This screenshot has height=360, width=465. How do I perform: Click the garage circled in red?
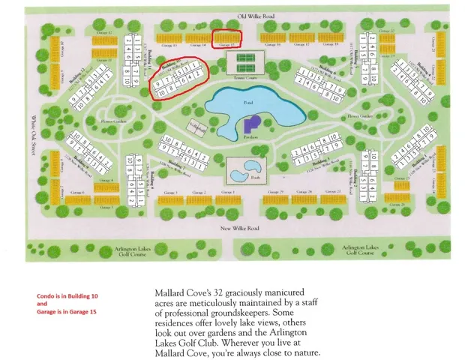coord(226,37)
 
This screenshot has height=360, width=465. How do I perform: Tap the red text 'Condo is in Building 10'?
coord(67,296)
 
